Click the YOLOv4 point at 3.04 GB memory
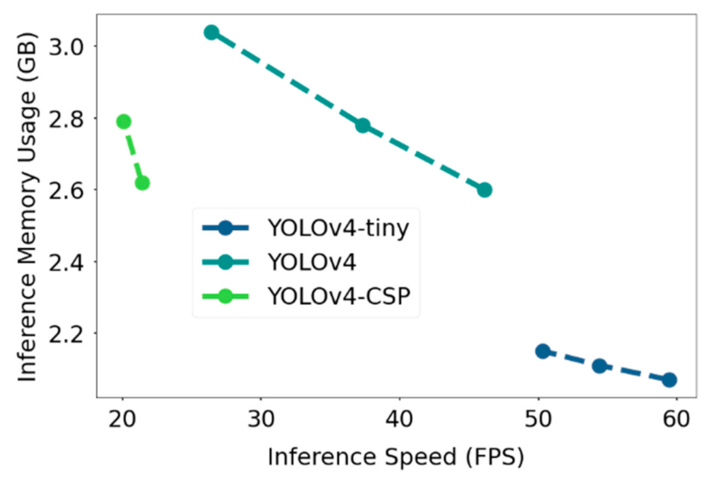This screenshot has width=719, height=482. coord(211,32)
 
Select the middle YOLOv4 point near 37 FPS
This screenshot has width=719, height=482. coord(363,125)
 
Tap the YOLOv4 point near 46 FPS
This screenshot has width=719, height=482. coord(484,189)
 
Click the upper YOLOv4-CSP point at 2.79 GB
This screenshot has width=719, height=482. coord(123,121)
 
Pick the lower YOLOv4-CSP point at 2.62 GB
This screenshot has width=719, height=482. coord(142,182)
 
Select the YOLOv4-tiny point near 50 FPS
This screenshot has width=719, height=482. coord(543,351)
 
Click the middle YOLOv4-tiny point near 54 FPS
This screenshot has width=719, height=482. coord(599,366)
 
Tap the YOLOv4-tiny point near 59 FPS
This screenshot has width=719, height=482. coord(669,379)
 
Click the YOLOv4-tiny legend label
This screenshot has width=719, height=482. coord(338,228)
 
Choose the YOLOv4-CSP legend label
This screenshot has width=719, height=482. coord(340,297)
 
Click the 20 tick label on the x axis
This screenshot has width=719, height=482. coord(122,417)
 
